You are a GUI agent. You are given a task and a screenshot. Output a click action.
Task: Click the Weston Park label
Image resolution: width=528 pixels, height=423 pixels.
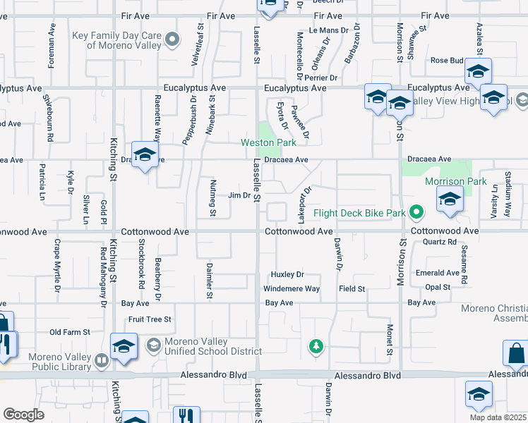(x=268, y=142)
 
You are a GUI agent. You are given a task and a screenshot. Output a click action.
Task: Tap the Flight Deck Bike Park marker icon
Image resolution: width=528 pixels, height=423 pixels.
(x=417, y=211)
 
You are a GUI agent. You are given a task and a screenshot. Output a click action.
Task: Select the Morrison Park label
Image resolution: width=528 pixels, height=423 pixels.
(x=456, y=181)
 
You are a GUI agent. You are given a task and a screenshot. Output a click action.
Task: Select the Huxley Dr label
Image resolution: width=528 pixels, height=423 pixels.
(x=287, y=274)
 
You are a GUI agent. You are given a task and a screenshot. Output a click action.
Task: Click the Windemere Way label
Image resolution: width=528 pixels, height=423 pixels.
(x=292, y=289)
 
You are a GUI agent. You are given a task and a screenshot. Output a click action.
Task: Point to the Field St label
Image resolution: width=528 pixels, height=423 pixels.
(x=351, y=289)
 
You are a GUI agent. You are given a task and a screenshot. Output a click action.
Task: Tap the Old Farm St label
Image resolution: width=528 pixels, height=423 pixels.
(x=70, y=332)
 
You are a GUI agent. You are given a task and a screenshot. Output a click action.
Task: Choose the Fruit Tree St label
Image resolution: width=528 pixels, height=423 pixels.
(x=150, y=319)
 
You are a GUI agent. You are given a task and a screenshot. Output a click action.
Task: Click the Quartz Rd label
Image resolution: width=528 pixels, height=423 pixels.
(x=441, y=242)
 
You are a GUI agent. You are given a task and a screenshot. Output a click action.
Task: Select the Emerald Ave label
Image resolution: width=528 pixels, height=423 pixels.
(x=438, y=273)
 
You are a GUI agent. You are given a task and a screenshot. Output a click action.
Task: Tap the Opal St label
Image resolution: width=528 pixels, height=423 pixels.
(x=438, y=288)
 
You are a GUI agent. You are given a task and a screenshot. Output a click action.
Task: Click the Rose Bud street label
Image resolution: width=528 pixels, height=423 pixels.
(x=446, y=61)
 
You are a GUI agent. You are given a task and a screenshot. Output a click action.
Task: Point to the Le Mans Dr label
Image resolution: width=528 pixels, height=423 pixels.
(x=329, y=30)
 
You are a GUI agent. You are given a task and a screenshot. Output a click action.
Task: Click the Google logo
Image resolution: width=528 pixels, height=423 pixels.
(x=23, y=415)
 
